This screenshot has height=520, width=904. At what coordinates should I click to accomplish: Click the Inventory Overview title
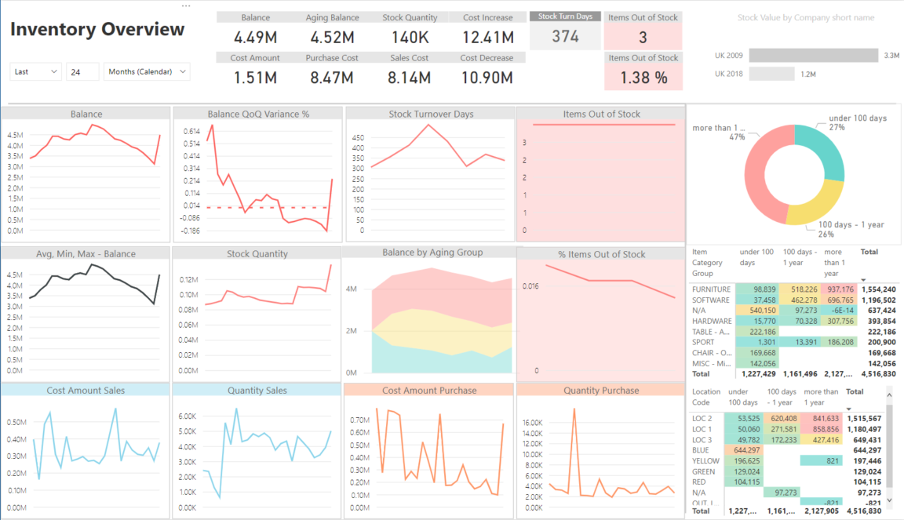[97, 30]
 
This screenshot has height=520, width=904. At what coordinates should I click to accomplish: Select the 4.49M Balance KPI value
[256, 37]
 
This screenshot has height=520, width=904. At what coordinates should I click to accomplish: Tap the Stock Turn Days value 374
[565, 36]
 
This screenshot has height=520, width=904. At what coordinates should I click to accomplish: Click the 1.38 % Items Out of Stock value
[643, 78]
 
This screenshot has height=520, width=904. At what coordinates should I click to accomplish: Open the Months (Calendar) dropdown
[147, 71]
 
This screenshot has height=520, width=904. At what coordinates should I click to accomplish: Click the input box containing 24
[82, 71]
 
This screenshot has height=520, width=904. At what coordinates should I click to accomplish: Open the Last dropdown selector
[35, 71]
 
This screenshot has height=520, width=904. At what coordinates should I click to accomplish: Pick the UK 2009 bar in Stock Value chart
[813, 56]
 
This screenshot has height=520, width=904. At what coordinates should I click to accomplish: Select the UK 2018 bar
[771, 74]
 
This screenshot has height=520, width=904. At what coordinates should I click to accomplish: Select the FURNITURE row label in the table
[711, 289]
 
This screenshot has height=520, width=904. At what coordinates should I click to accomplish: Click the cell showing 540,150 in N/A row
[758, 311]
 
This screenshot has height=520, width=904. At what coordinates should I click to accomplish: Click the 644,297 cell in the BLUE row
[745, 450]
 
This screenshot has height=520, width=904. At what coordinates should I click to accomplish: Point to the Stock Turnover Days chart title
[431, 115]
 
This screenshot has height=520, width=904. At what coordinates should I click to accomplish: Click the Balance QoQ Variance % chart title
[258, 115]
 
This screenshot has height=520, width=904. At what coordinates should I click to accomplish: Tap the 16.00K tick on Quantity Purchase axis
[532, 423]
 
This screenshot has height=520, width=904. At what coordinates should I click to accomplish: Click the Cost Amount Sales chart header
[86, 391]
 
